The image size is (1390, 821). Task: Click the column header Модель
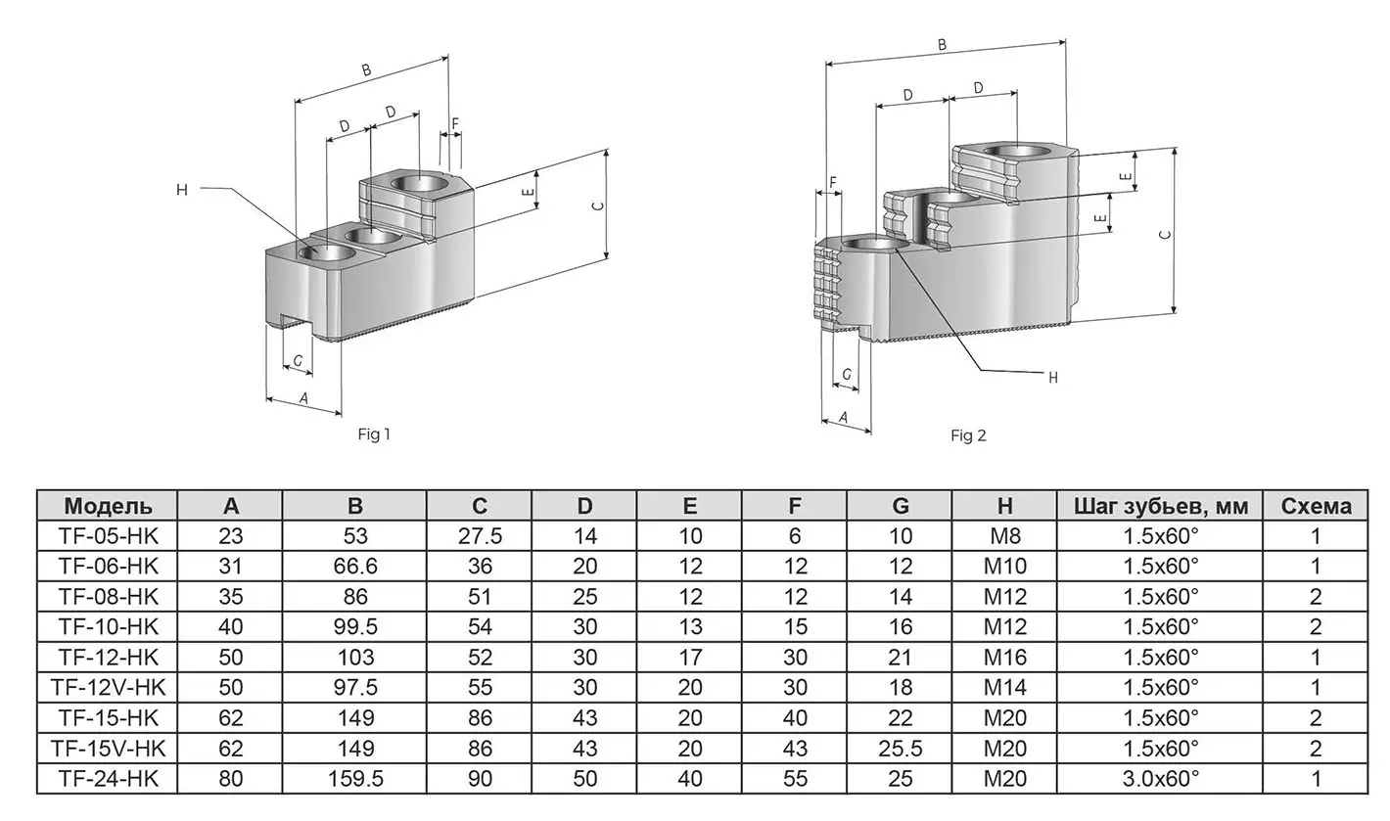point(108,506)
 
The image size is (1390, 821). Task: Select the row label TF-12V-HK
point(108,688)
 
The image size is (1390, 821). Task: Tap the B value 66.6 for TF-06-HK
point(354,567)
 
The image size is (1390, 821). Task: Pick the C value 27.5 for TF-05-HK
point(479,536)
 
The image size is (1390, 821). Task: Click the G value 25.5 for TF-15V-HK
point(900,749)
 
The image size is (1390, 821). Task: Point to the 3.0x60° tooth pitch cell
point(1160,779)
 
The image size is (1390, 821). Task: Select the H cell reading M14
point(1004,688)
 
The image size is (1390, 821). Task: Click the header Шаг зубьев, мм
point(1160,506)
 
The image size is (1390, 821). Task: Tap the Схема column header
point(1316,506)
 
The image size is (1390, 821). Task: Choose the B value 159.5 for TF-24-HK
point(354,779)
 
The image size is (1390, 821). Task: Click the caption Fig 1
point(374,434)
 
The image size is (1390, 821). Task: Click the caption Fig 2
point(968,435)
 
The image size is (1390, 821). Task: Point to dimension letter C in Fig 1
point(598,205)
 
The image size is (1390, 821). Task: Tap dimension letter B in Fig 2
point(942,44)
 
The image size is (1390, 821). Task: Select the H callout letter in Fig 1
point(181,190)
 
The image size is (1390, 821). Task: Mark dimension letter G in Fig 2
point(846,375)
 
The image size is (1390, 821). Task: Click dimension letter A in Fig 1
point(302,398)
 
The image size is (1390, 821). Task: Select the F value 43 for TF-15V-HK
point(795,749)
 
